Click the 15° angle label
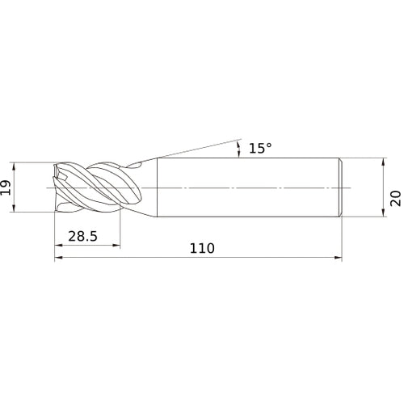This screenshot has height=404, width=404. coord(260,148)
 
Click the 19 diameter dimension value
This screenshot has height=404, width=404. coord(6,187)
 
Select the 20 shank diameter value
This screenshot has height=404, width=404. coord(395,199)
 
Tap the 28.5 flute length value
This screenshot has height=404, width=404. coord(82,236)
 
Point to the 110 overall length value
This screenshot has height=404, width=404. coord(202,248)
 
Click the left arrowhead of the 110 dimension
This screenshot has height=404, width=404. coord(58,258)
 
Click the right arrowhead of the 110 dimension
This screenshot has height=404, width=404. coord(338,258)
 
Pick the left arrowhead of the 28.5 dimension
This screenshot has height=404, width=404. coord(58,245)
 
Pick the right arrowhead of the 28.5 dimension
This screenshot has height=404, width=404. coord(116,245)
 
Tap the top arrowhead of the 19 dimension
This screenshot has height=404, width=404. coord(14,166)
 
